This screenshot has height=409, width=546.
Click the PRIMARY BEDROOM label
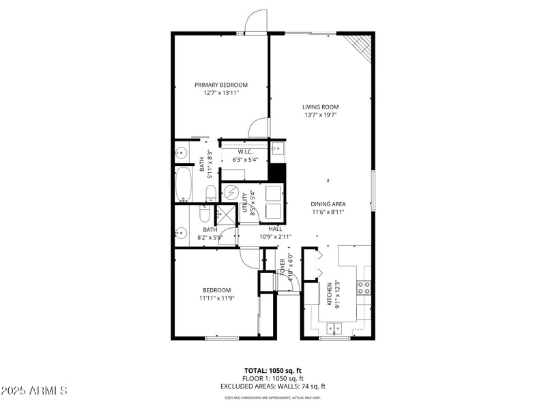220,85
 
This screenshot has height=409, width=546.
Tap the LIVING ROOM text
320,107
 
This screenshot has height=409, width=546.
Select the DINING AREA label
328,203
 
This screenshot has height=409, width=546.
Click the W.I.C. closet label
246,152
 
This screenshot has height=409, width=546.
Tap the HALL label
275,229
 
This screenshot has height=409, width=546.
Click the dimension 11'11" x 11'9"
217,298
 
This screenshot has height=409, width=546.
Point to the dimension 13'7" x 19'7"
320,115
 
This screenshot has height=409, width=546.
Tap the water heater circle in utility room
231,193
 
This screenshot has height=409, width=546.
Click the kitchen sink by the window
334,329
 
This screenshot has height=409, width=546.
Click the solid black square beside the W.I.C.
276,173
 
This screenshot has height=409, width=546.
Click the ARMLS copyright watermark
34,391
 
